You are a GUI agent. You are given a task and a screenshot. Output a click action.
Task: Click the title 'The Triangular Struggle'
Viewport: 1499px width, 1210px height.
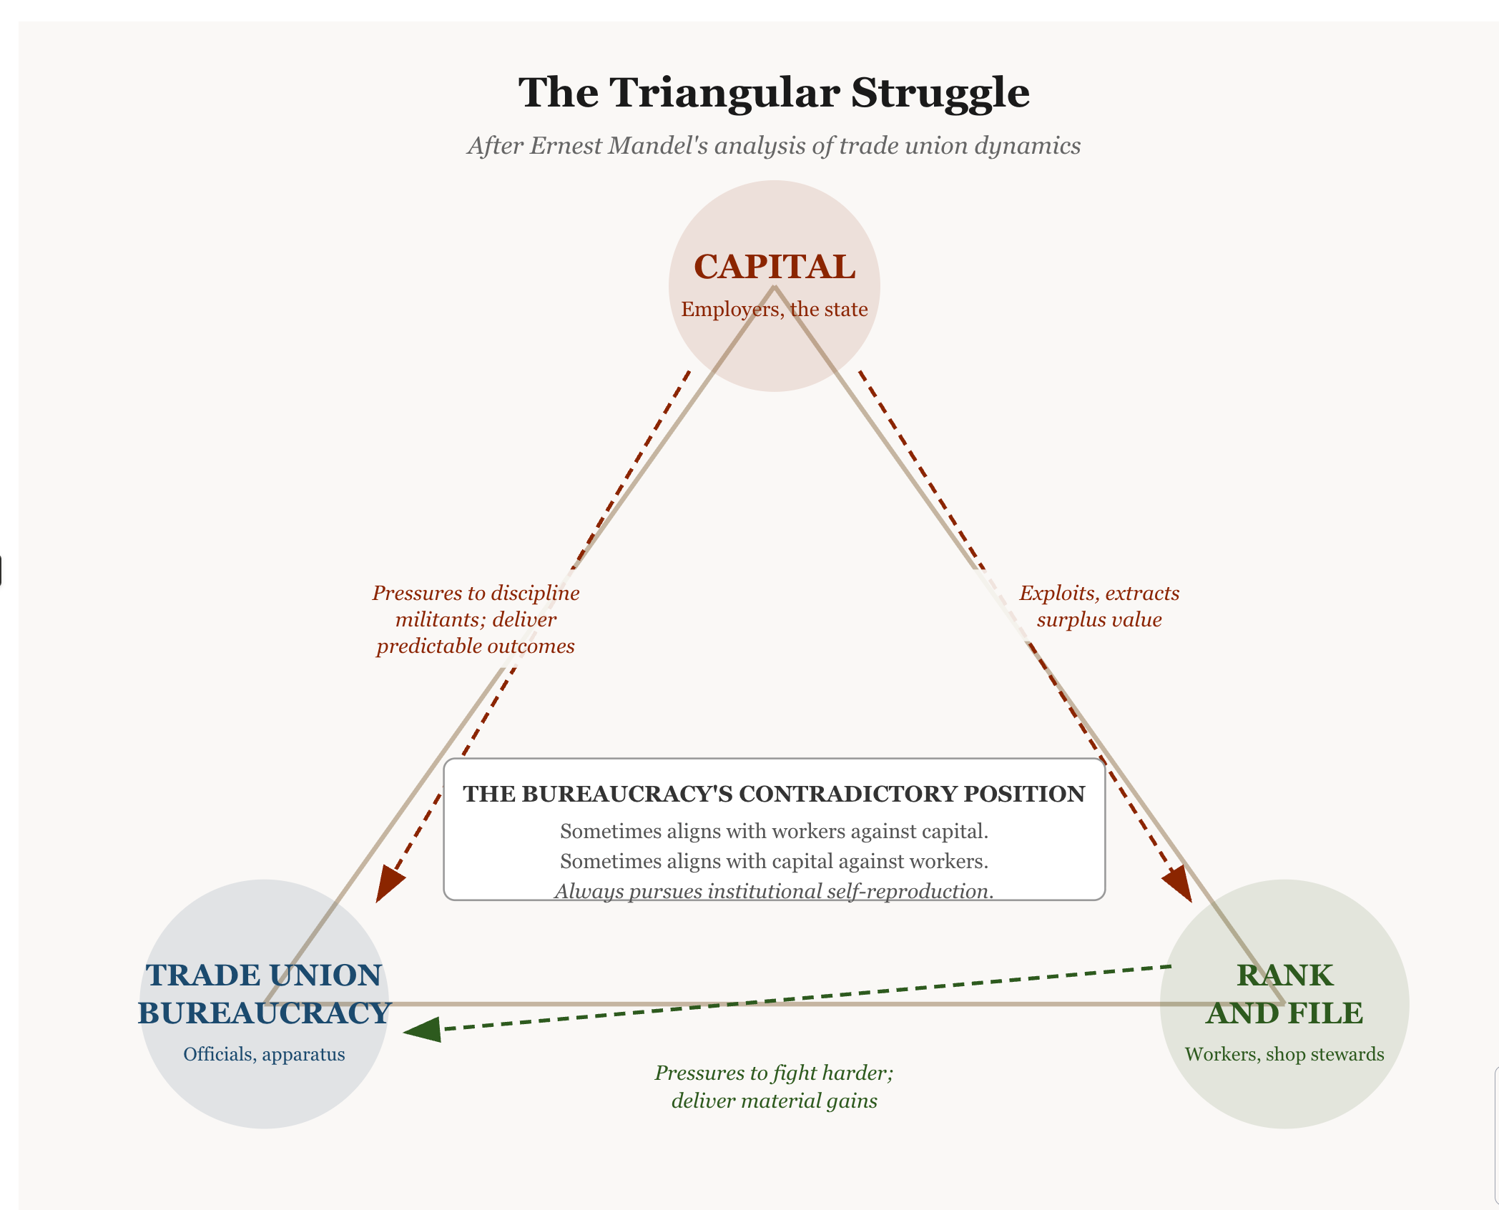pos(774,93)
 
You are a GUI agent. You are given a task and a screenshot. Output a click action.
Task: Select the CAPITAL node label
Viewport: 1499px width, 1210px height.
pos(774,267)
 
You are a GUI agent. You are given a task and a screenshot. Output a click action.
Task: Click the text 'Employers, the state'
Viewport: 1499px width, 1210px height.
pos(774,309)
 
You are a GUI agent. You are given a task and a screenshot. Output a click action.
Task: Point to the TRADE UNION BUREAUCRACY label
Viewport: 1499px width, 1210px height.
pos(264,994)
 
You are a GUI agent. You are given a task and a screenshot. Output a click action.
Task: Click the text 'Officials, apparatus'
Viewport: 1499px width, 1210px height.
pos(264,1054)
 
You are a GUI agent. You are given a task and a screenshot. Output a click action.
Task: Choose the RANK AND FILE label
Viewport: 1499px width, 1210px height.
pos(1284,994)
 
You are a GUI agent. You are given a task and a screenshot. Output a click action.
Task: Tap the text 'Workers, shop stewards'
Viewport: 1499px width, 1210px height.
pos(1284,1054)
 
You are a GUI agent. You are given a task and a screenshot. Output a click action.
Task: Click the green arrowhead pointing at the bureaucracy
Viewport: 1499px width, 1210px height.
pos(423,1031)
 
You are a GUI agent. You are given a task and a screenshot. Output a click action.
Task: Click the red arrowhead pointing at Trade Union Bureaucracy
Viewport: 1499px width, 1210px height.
pos(388,884)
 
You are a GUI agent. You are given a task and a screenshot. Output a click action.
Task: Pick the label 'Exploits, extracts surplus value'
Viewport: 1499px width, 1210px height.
pos(1099,606)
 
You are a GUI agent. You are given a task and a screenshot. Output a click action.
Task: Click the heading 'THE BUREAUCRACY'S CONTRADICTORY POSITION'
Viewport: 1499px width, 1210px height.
pos(774,794)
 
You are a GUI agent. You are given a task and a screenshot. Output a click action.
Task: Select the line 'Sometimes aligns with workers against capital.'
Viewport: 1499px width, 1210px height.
pos(774,831)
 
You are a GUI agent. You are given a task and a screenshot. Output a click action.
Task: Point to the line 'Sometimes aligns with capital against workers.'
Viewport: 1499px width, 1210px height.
pos(774,861)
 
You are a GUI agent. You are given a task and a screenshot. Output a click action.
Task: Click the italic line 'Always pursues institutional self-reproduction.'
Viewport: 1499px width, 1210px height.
pos(774,891)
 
